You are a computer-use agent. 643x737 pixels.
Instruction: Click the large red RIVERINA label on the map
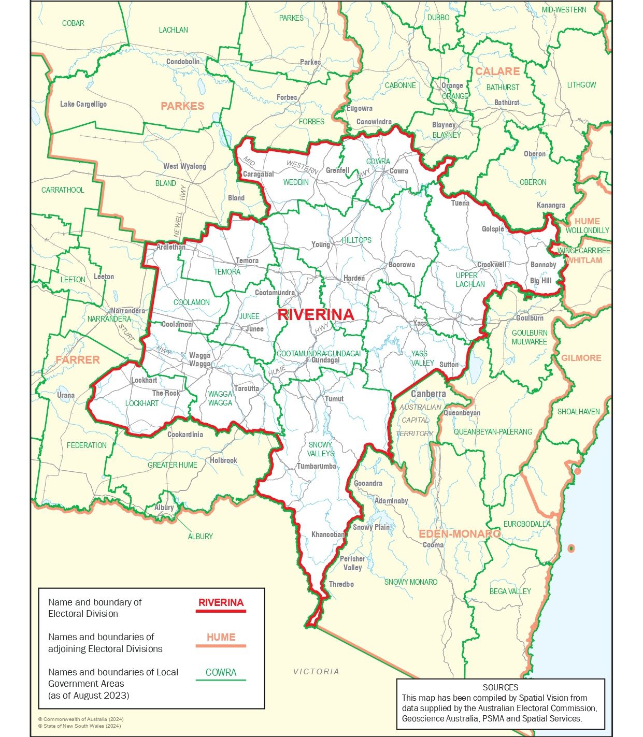point(316,314)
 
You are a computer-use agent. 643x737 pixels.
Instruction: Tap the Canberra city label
point(428,394)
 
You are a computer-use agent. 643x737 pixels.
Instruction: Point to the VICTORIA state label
point(316,671)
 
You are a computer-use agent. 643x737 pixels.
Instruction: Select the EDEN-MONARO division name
point(460,534)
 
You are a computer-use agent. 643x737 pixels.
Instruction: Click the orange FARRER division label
point(78,359)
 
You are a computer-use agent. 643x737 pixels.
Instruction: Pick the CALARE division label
point(497,71)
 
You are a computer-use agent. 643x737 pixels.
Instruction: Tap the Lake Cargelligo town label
point(83,104)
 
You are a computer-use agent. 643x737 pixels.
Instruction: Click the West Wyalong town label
point(184,166)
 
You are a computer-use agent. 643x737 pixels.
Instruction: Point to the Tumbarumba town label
point(316,466)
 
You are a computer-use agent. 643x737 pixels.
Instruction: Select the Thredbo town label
point(341,584)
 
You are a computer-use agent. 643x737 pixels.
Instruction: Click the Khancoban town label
point(328,534)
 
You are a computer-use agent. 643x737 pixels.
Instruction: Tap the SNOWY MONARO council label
point(410,582)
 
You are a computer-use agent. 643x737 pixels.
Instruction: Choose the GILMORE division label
point(581,358)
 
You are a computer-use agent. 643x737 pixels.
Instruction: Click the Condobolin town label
point(182,62)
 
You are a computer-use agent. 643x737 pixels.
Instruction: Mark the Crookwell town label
point(491,265)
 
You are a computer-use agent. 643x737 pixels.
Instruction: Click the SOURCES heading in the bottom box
point(500,687)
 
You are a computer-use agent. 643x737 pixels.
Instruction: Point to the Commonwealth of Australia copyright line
point(81,719)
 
